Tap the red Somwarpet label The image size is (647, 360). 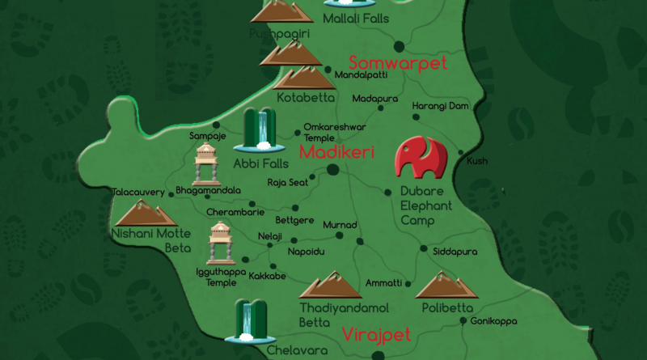pyautogui.click(x=397, y=63)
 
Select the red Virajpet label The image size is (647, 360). pyautogui.click(x=376, y=334)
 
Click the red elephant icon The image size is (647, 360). pyautogui.click(x=421, y=158)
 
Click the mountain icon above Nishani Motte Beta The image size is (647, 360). pyautogui.click(x=146, y=213)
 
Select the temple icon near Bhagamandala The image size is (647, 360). pyautogui.click(x=207, y=165)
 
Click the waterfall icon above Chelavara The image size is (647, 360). pyautogui.click(x=251, y=320)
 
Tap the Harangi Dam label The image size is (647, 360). pyautogui.click(x=440, y=106)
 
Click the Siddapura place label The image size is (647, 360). pyautogui.click(x=455, y=252)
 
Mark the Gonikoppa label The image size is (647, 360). pyautogui.click(x=495, y=320)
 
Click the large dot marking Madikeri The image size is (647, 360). pyautogui.click(x=332, y=170)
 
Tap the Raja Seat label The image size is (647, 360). pyautogui.click(x=287, y=183)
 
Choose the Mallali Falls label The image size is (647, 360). pyautogui.click(x=356, y=17)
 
